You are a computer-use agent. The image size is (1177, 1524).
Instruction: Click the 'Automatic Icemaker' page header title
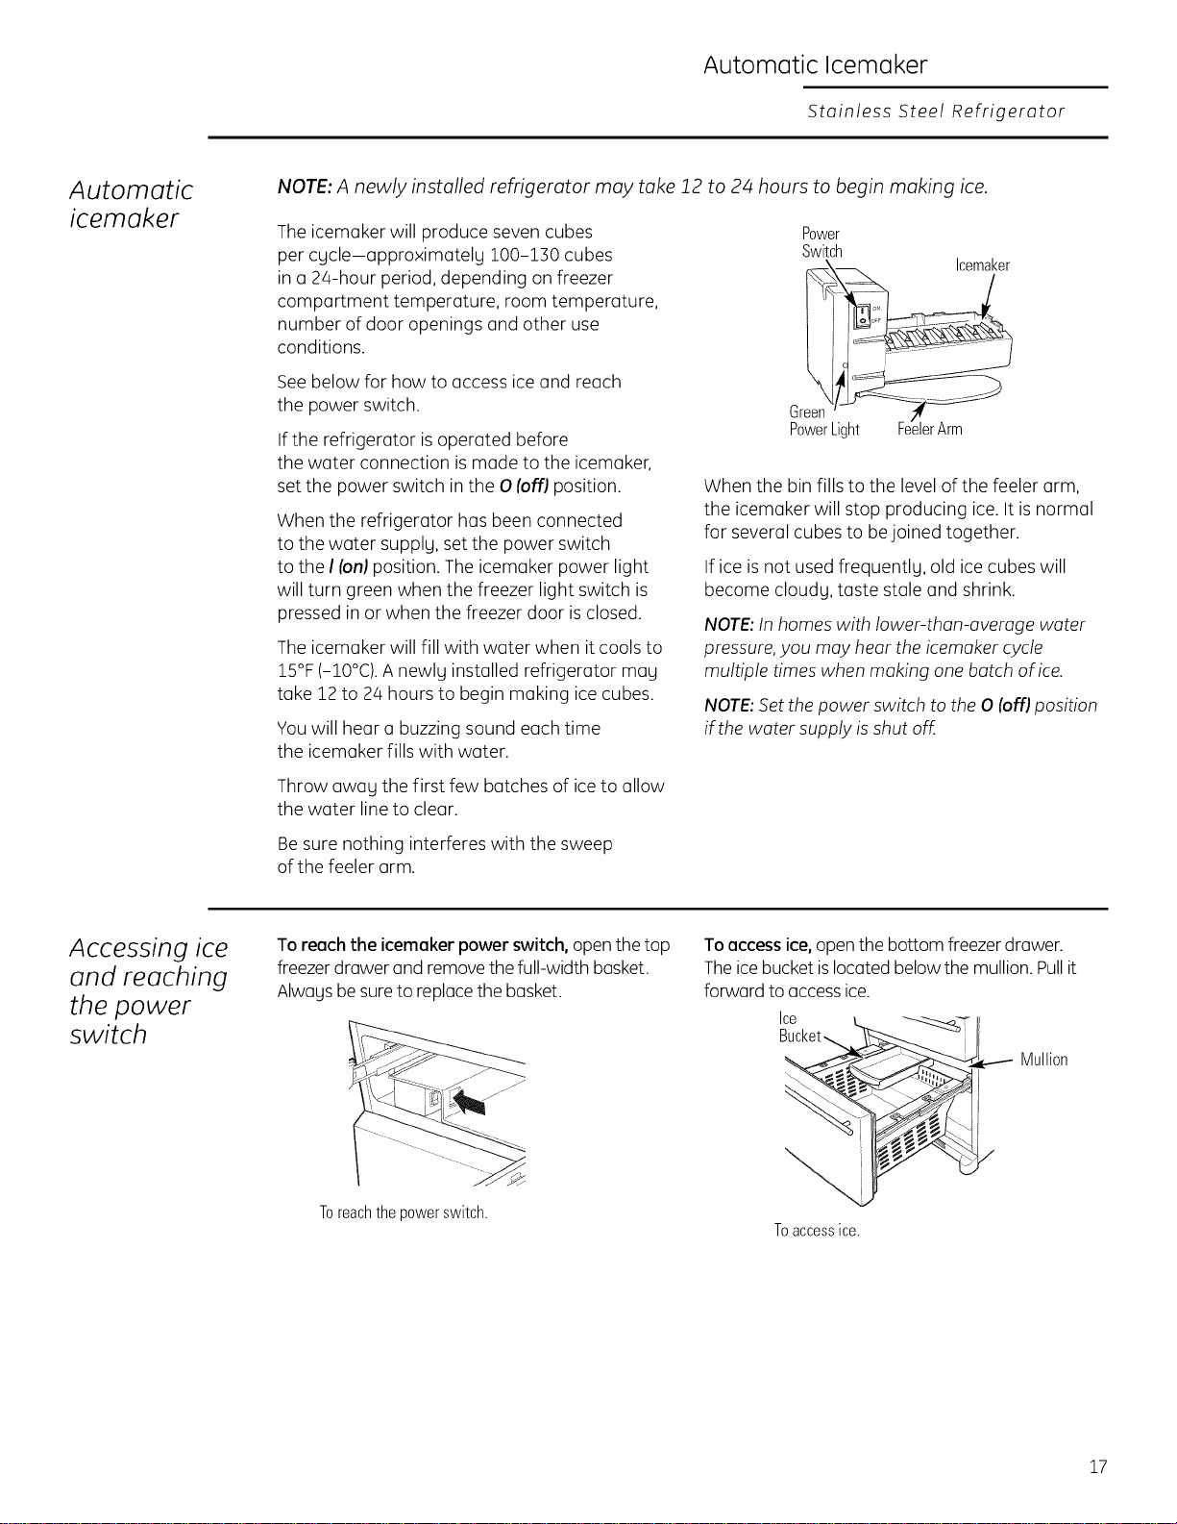815,65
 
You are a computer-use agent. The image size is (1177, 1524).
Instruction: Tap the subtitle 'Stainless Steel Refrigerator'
936,111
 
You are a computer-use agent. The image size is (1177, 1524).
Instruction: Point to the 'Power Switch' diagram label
821,242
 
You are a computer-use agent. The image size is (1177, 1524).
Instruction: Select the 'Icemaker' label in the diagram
982,265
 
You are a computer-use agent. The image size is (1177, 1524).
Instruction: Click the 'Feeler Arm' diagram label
930,429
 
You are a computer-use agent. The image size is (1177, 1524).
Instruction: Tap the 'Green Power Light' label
824,421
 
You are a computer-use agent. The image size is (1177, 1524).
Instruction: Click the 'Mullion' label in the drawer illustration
1043,1059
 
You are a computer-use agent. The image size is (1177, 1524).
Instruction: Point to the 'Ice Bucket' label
799,1027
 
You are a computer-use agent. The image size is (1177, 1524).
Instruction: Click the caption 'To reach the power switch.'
403,1212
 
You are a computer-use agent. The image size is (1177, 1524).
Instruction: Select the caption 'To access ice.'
817,1230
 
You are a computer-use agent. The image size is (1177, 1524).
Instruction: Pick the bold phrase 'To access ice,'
758,945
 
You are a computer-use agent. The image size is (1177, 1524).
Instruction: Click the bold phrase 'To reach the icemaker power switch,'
423,945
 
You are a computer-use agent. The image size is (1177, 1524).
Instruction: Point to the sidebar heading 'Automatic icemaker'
131,204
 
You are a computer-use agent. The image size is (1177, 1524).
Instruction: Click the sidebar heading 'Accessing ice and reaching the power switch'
149,990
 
